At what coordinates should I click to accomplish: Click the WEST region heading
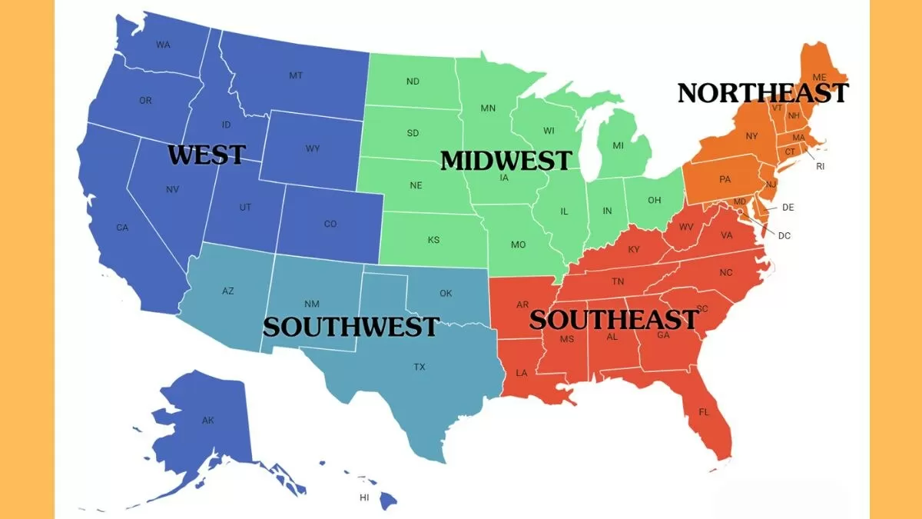[x=206, y=154]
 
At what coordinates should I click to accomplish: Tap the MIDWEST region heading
[x=506, y=160]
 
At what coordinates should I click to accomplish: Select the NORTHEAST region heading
[x=763, y=93]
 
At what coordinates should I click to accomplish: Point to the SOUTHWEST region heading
[x=350, y=326]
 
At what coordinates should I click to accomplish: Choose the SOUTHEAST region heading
[x=614, y=318]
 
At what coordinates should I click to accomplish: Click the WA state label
[x=163, y=45]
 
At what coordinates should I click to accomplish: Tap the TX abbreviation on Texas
[x=420, y=367]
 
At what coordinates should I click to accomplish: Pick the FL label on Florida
[x=704, y=412]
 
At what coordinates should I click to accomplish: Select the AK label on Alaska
[x=208, y=420]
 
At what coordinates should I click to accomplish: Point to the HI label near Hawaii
[x=364, y=497]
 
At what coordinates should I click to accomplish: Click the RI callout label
[x=820, y=166]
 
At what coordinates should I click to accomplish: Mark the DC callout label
[x=784, y=236]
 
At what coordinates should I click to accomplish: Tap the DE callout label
[x=788, y=208]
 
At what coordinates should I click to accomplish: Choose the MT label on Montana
[x=295, y=75]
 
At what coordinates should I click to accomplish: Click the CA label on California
[x=122, y=228]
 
